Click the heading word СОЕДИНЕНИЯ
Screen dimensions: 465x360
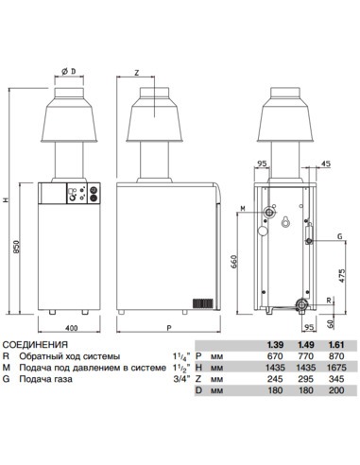35,345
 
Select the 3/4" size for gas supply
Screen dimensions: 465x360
178,380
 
